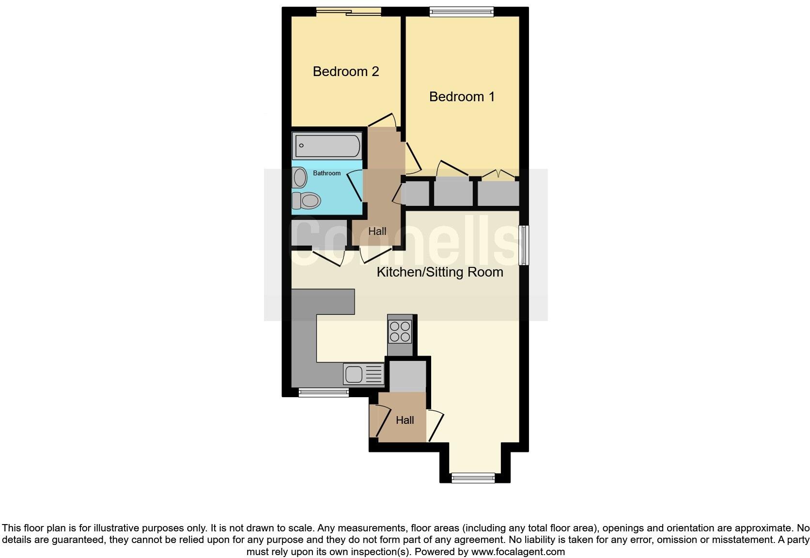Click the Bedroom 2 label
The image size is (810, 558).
345,72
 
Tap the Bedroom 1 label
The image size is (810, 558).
462,97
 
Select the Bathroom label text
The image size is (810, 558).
327,173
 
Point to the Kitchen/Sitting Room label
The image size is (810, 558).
440,272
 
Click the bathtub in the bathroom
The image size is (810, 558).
328,145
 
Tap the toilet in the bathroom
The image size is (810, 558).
306,200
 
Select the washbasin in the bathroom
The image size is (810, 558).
300,178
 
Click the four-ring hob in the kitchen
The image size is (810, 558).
400,331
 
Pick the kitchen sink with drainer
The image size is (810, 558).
363,374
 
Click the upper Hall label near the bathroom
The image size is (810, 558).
377,232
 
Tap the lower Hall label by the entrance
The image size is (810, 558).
405,420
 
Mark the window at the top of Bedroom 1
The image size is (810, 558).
462,12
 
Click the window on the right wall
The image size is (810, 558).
523,246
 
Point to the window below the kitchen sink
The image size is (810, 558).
324,393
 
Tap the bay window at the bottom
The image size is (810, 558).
473,478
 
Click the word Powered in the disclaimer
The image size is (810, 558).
434,552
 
